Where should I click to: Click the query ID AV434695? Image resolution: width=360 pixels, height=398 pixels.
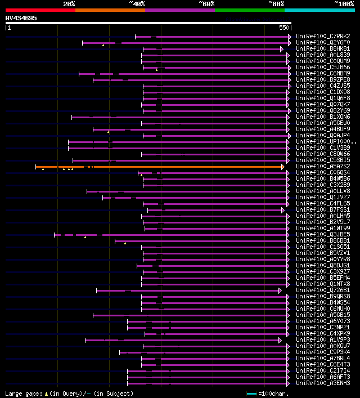21,19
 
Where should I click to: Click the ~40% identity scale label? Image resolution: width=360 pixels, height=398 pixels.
137,3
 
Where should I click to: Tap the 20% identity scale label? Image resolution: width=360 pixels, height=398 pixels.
69,3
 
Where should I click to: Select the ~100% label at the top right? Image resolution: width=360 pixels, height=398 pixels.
344,3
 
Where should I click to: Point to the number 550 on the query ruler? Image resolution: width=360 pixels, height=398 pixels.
283,28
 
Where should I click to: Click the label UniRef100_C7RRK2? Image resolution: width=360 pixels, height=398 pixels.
322,37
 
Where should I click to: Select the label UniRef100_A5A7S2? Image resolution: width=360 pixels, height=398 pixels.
322,167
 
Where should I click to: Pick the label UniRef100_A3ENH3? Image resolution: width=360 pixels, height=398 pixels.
322,383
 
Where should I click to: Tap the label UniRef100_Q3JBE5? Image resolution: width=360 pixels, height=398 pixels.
322,235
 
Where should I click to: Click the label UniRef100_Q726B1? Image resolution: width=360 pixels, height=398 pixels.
322,290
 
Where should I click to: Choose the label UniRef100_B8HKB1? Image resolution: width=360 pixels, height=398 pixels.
322,49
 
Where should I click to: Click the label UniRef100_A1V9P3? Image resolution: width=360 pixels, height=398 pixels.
322,340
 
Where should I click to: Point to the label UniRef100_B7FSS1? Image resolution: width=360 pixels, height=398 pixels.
322,210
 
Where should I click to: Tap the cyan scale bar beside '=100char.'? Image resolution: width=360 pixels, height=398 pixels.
251,393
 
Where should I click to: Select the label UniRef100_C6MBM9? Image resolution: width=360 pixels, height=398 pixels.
322,74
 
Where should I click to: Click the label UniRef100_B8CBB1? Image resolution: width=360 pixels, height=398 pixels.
322,241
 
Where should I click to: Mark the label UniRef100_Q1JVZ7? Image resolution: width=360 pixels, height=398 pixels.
322,198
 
